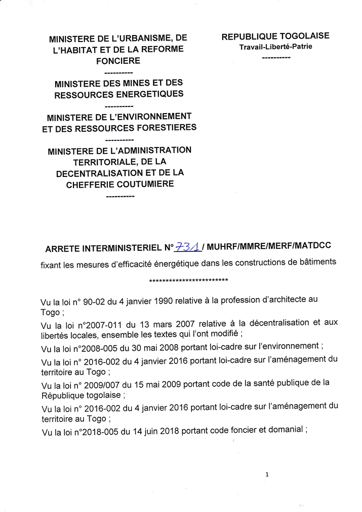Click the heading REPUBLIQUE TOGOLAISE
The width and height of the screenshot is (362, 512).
point(275,36)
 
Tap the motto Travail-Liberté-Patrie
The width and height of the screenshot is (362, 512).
point(276,47)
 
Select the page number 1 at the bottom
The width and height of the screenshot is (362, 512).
point(266,474)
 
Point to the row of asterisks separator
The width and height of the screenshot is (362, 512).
point(188,280)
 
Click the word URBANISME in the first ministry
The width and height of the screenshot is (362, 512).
point(144,39)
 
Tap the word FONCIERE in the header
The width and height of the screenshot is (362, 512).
point(118,61)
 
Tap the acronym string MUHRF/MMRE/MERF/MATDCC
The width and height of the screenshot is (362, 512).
point(268,245)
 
